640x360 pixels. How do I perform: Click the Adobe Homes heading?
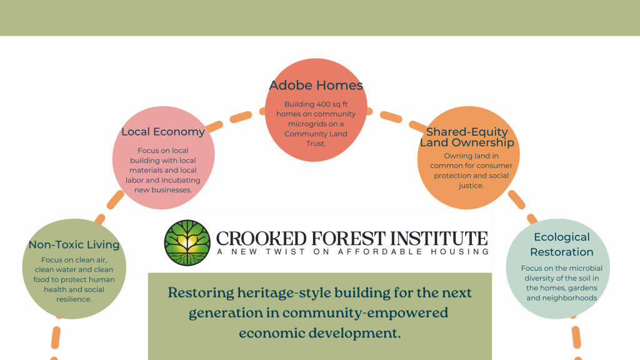(x=316, y=85)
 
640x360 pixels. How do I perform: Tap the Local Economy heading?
(x=163, y=132)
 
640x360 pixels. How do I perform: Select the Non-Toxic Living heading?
(x=74, y=244)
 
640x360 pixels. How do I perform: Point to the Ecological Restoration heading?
(x=562, y=244)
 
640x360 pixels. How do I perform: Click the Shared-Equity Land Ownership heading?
(x=467, y=137)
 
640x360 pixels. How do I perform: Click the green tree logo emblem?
(x=187, y=243)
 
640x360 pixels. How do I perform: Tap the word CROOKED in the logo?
(x=261, y=239)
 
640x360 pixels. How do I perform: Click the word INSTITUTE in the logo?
(x=439, y=239)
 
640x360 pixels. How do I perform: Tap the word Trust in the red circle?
(x=316, y=144)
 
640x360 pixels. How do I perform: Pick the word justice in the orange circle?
(x=471, y=186)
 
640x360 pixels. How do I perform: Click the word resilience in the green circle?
(x=74, y=299)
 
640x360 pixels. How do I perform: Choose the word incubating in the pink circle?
(x=181, y=181)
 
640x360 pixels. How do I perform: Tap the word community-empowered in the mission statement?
(x=365, y=313)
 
